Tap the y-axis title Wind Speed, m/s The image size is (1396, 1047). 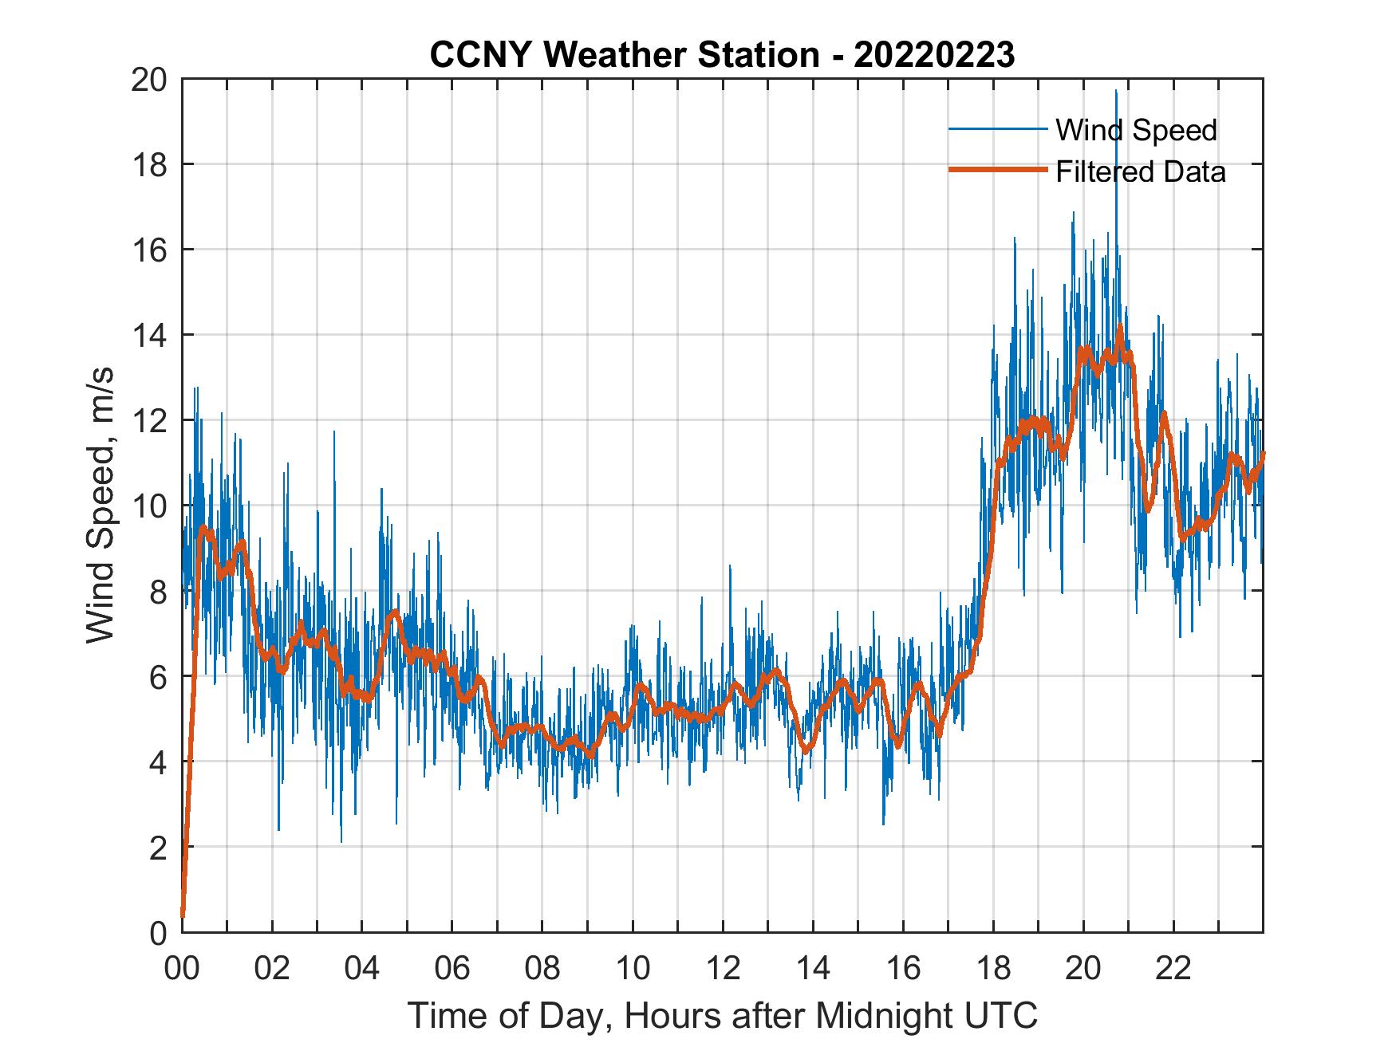(101, 506)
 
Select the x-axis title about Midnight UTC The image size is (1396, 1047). (723, 1015)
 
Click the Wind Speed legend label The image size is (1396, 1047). (1136, 130)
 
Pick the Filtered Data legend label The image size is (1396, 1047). (1140, 171)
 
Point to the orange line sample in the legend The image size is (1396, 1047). (997, 170)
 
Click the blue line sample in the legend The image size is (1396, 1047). (997, 129)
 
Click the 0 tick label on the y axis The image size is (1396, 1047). (158, 932)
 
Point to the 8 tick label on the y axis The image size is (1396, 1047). (158, 592)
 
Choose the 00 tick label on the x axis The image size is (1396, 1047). (182, 969)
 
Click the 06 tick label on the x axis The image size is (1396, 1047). (452, 969)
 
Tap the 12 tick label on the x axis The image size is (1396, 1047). (723, 969)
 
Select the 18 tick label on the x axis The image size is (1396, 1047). (993, 969)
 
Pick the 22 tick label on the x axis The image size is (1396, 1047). (1173, 969)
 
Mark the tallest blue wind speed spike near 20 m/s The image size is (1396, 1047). (1116, 92)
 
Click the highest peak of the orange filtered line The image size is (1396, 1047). (1120, 326)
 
